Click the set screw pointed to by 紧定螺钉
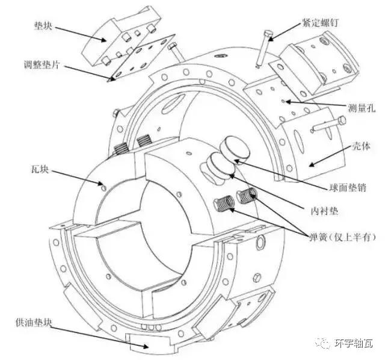coord(262,46)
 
